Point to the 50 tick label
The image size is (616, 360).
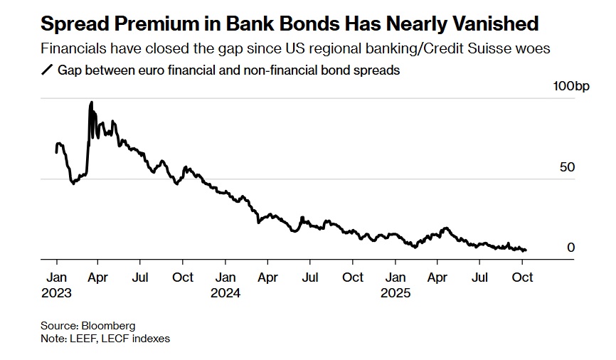coord(567,167)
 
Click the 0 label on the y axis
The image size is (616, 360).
coord(570,248)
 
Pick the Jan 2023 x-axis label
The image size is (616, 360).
coord(57,285)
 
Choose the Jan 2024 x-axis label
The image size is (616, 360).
coord(226,285)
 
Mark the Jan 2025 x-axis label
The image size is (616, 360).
coord(395,285)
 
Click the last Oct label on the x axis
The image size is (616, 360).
coord(522,277)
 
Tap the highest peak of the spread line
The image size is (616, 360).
coord(91,102)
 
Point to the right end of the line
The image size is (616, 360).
coord(526,250)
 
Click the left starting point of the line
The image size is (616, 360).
coord(56,152)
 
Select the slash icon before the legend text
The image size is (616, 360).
coord(48,71)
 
